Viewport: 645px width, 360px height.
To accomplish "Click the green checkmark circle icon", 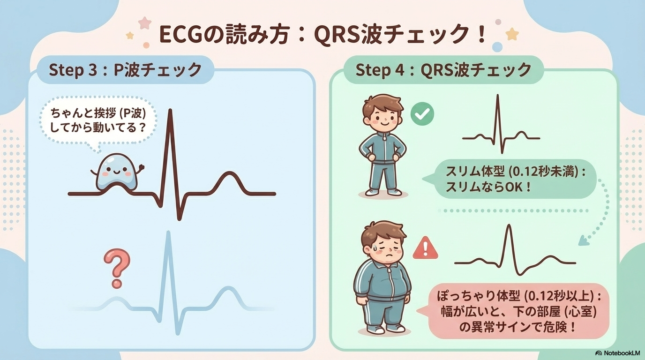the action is [422, 114].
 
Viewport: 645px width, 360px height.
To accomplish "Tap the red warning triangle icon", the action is [425, 248].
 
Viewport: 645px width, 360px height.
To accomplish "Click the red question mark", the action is [117, 268].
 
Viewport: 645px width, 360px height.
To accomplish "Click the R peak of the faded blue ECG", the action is [168, 232].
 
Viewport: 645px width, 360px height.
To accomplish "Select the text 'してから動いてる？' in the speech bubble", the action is [97, 128].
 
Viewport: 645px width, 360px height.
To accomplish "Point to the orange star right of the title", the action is [512, 34].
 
